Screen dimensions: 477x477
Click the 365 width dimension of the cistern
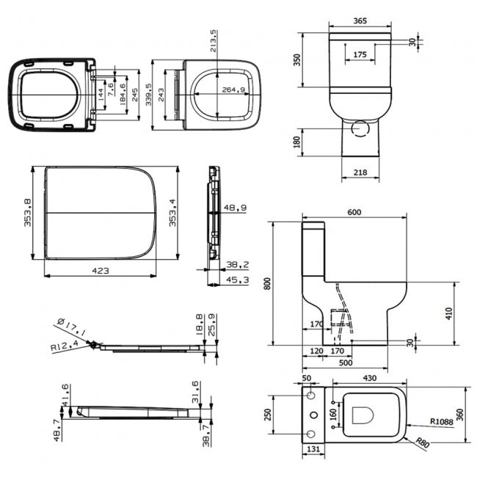point(360,22)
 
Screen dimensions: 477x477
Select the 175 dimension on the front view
point(360,54)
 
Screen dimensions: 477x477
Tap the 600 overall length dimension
point(354,212)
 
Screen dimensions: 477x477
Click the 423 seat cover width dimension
point(101,271)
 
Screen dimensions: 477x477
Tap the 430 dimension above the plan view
point(368,378)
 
